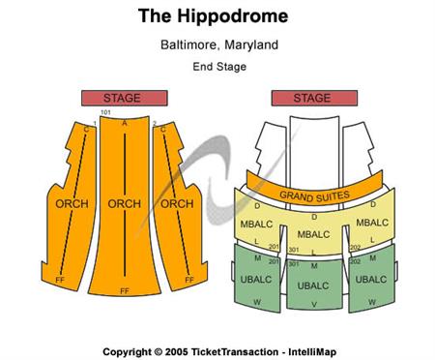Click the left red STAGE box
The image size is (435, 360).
coord(122,98)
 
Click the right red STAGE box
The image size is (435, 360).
coord(312,98)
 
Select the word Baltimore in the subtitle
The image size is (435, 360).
coord(189,45)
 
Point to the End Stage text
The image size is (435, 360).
coord(219,67)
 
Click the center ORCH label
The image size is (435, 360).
coord(125,204)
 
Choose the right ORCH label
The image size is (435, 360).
coord(177,204)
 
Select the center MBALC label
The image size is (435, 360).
coord(313,233)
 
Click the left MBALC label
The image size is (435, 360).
coord(256,225)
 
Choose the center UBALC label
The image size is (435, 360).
coord(313,285)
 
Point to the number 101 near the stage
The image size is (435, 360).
coord(105,113)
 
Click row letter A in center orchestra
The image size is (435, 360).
coord(125,123)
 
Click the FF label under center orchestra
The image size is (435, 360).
coord(124,290)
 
